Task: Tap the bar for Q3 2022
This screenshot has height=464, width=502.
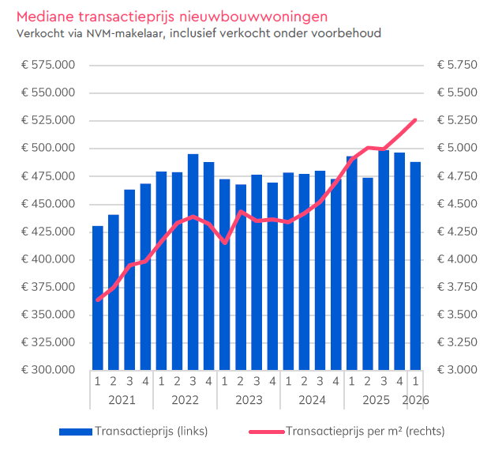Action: (193, 262)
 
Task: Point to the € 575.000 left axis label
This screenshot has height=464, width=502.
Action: (48, 65)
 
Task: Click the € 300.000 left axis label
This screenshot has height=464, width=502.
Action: (48, 370)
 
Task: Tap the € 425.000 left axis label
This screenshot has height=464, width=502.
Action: (48, 232)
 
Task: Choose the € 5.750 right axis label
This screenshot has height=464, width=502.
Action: (456, 65)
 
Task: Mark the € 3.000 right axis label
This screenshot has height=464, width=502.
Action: (456, 370)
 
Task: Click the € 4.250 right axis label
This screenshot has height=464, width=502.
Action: (456, 232)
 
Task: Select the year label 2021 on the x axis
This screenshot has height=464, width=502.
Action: (122, 400)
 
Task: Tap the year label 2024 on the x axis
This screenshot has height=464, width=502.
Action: (312, 400)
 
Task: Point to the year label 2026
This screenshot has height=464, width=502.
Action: (415, 400)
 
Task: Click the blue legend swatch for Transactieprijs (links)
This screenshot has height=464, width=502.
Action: (75, 432)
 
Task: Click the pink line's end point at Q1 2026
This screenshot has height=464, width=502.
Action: (415, 120)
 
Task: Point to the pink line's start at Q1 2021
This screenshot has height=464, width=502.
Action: (98, 300)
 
